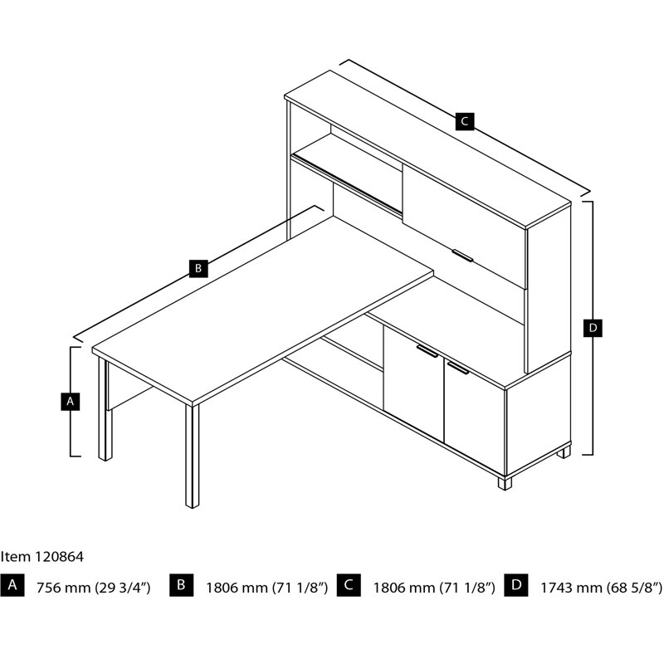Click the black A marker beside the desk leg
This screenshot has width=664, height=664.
click(x=71, y=401)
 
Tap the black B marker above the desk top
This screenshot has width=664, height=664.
click(x=198, y=268)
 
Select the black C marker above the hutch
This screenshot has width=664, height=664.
click(x=465, y=121)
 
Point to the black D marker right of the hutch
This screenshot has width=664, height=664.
click(x=593, y=328)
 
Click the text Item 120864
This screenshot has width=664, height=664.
click(x=42, y=557)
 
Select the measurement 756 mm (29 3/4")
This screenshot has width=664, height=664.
click(x=93, y=588)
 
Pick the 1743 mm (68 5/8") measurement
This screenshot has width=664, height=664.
click(x=602, y=588)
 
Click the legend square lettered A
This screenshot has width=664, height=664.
click(x=12, y=585)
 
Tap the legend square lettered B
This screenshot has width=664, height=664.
click(x=181, y=585)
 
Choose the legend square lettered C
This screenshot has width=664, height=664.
click(x=349, y=585)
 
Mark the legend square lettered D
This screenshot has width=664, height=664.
click(x=515, y=585)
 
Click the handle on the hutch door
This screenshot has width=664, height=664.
click(x=462, y=256)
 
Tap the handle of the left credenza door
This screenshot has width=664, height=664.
click(x=427, y=351)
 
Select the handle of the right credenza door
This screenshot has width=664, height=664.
click(x=458, y=368)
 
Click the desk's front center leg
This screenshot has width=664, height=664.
click(x=192, y=456)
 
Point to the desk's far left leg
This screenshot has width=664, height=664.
click(x=105, y=409)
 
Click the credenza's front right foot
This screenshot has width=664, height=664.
click(x=505, y=483)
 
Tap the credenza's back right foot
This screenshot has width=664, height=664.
click(x=564, y=452)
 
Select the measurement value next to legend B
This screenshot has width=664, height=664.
click(x=266, y=588)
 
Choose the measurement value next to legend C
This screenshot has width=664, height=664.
click(x=434, y=588)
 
